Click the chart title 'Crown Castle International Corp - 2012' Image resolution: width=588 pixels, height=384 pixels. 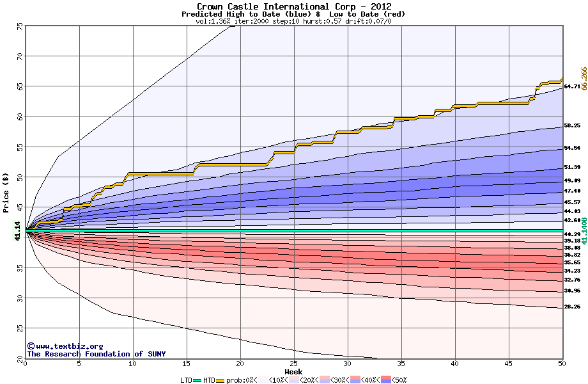tap(293, 6)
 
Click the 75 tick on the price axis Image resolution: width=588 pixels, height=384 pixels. tap(20, 26)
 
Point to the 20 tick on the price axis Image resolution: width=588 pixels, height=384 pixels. tap(20, 358)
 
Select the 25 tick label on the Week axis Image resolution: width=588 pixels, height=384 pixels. tap(294, 364)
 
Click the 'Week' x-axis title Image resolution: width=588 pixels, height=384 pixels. tap(293, 371)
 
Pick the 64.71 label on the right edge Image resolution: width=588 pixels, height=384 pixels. tap(572, 86)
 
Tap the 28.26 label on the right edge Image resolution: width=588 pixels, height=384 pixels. tap(572, 307)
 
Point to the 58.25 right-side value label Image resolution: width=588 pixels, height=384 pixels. tap(572, 125)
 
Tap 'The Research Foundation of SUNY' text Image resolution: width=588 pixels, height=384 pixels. tap(96, 354)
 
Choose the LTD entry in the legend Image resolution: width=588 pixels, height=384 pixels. tap(186, 380)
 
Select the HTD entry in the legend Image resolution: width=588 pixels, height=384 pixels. tap(209, 380)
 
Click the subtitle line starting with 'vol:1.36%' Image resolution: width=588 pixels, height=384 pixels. tap(293, 21)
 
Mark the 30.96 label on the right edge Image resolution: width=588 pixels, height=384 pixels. tap(572, 291)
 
